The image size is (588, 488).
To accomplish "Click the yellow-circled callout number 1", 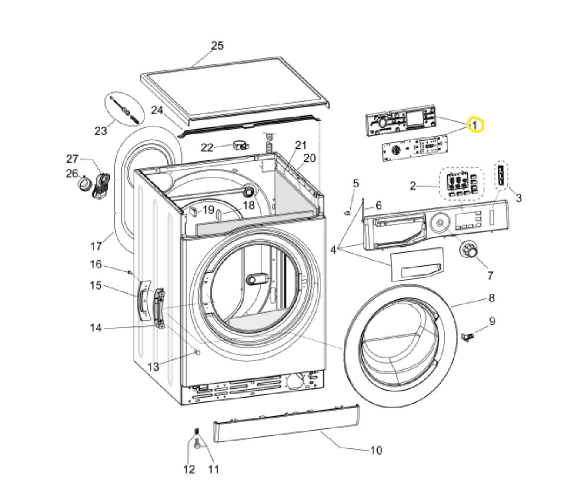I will (475, 125).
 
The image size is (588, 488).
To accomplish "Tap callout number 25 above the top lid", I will (217, 46).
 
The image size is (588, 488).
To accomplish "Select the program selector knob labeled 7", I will (469, 250).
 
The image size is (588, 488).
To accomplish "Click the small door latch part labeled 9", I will (467, 336).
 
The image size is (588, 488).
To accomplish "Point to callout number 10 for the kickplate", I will (376, 450).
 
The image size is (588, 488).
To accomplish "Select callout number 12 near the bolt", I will (189, 470).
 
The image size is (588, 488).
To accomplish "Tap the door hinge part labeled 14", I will (159, 308).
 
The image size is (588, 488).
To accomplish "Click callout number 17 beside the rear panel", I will (96, 246).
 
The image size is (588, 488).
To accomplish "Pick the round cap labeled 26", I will (84, 184).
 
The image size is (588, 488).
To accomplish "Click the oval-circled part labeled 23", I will (124, 108).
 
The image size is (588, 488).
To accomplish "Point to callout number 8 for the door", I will (491, 298).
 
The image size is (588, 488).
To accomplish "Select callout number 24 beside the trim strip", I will (157, 110).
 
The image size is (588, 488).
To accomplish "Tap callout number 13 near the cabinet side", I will (153, 367).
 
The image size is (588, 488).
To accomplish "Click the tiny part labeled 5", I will (347, 212).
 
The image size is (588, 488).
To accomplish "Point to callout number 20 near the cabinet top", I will (309, 159).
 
